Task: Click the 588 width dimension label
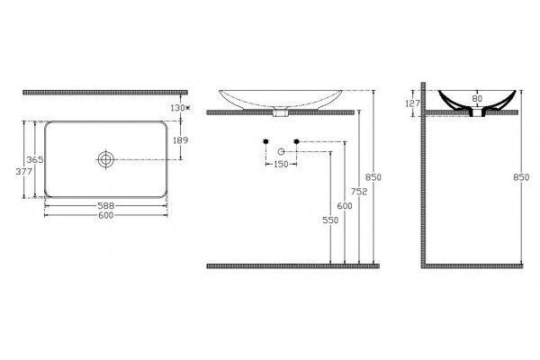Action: (105, 206)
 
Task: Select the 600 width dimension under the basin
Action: (105, 215)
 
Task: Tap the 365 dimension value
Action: (35, 160)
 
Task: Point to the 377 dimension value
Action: (24, 172)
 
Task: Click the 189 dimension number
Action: (181, 140)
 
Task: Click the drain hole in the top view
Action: (105, 159)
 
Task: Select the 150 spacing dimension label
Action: (281, 165)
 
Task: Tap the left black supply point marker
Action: (265, 141)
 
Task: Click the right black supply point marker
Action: (296, 141)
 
